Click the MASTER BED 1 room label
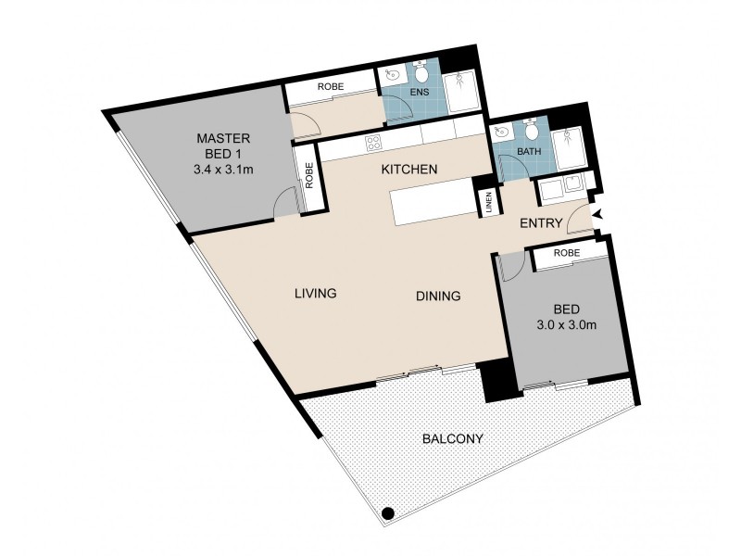pyautogui.click(x=223, y=146)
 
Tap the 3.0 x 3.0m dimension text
pyautogui.click(x=566, y=325)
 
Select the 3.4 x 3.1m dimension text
pyautogui.click(x=223, y=169)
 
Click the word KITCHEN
pyautogui.click(x=409, y=169)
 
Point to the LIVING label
pyautogui.click(x=316, y=293)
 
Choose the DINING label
pyautogui.click(x=438, y=296)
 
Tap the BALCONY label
pyautogui.click(x=453, y=438)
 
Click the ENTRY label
pyautogui.click(x=541, y=223)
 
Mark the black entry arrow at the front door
pyautogui.click(x=598, y=215)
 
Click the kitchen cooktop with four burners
pyautogui.click(x=373, y=143)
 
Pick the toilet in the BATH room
pyautogui.click(x=532, y=130)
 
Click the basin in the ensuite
pyautogui.click(x=392, y=74)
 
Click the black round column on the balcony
pyautogui.click(x=388, y=513)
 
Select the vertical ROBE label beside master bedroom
pyautogui.click(x=309, y=175)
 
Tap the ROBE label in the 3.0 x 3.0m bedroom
pyautogui.click(x=567, y=253)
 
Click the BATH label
pyautogui.click(x=529, y=152)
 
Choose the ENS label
pyautogui.click(x=420, y=92)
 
